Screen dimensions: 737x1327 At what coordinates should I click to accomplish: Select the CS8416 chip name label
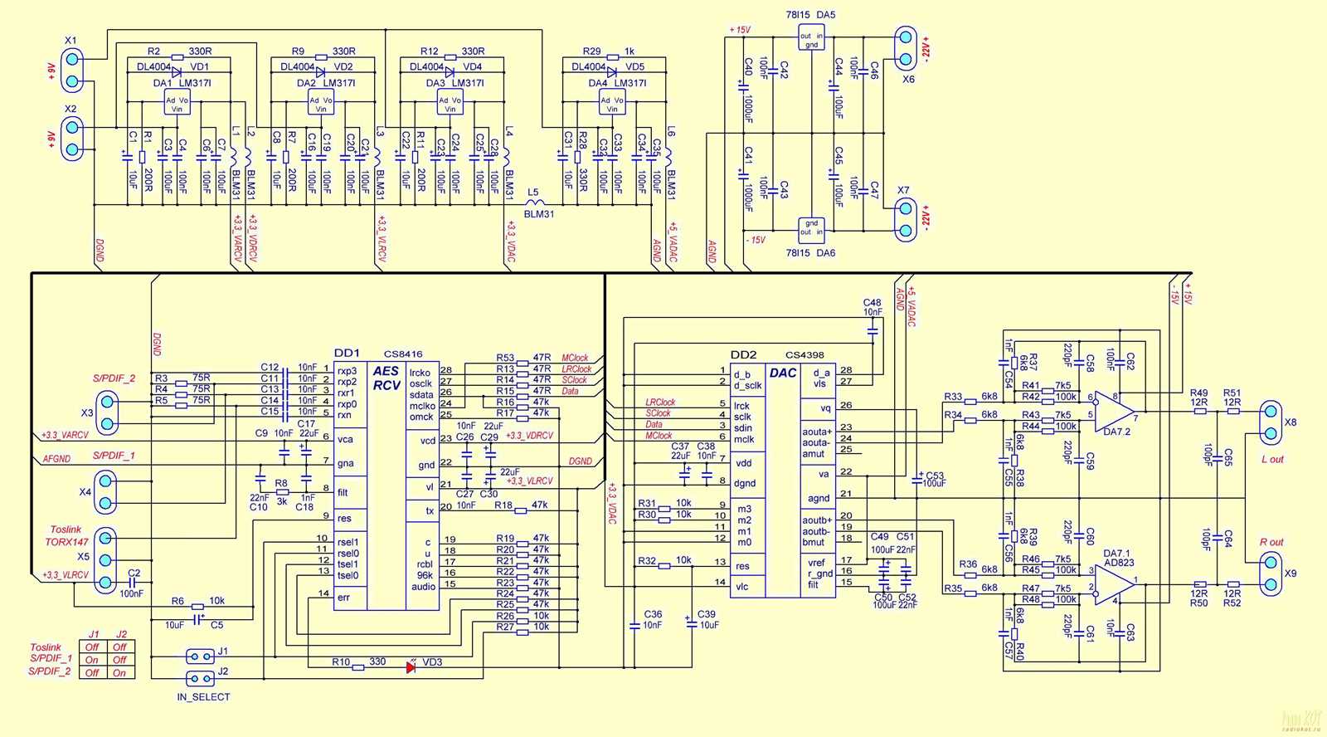[x=403, y=354]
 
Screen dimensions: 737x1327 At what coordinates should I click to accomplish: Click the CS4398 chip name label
[x=804, y=354]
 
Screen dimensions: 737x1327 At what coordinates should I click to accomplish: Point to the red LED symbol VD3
[x=411, y=666]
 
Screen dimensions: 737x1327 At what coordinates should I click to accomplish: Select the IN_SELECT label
[x=203, y=697]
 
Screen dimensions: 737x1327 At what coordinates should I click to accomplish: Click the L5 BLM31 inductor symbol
[x=536, y=202]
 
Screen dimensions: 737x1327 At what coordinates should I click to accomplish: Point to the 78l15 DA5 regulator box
[x=811, y=38]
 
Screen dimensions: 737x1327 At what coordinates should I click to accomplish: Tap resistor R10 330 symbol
[x=358, y=666]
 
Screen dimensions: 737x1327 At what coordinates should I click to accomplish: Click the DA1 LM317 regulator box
[x=177, y=104]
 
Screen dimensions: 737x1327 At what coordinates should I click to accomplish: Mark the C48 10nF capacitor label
[x=873, y=307]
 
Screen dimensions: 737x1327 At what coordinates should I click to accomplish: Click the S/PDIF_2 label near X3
[x=114, y=378]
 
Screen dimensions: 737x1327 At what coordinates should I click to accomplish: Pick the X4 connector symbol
[x=105, y=491]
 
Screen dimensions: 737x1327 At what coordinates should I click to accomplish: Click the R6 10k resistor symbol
[x=197, y=607]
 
